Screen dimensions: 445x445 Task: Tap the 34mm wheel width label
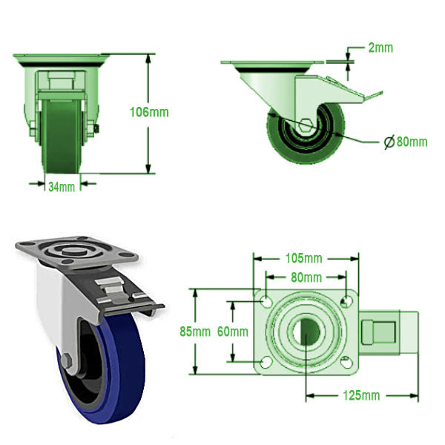point(62,187)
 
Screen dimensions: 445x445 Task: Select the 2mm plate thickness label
point(380,48)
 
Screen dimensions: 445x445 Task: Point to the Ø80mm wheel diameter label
point(406,142)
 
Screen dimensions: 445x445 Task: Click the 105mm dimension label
point(303,259)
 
